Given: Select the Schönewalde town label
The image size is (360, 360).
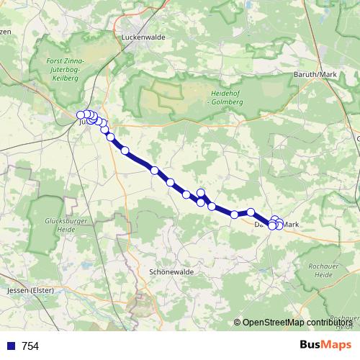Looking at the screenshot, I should coord(170,273).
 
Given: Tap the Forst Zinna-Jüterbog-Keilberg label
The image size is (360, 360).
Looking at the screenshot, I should coord(65,72).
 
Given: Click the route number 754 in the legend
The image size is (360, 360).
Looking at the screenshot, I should coord(30,346).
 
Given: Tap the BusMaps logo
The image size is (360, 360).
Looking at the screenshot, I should coord(325,345).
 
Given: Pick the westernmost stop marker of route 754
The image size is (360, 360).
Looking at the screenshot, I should coord(81,114).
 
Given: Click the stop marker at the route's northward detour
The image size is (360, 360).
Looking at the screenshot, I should coord(202,193).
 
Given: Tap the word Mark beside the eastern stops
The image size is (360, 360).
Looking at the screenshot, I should coord(291,225).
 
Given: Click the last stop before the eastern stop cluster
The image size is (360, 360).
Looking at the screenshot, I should coord(251,212).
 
